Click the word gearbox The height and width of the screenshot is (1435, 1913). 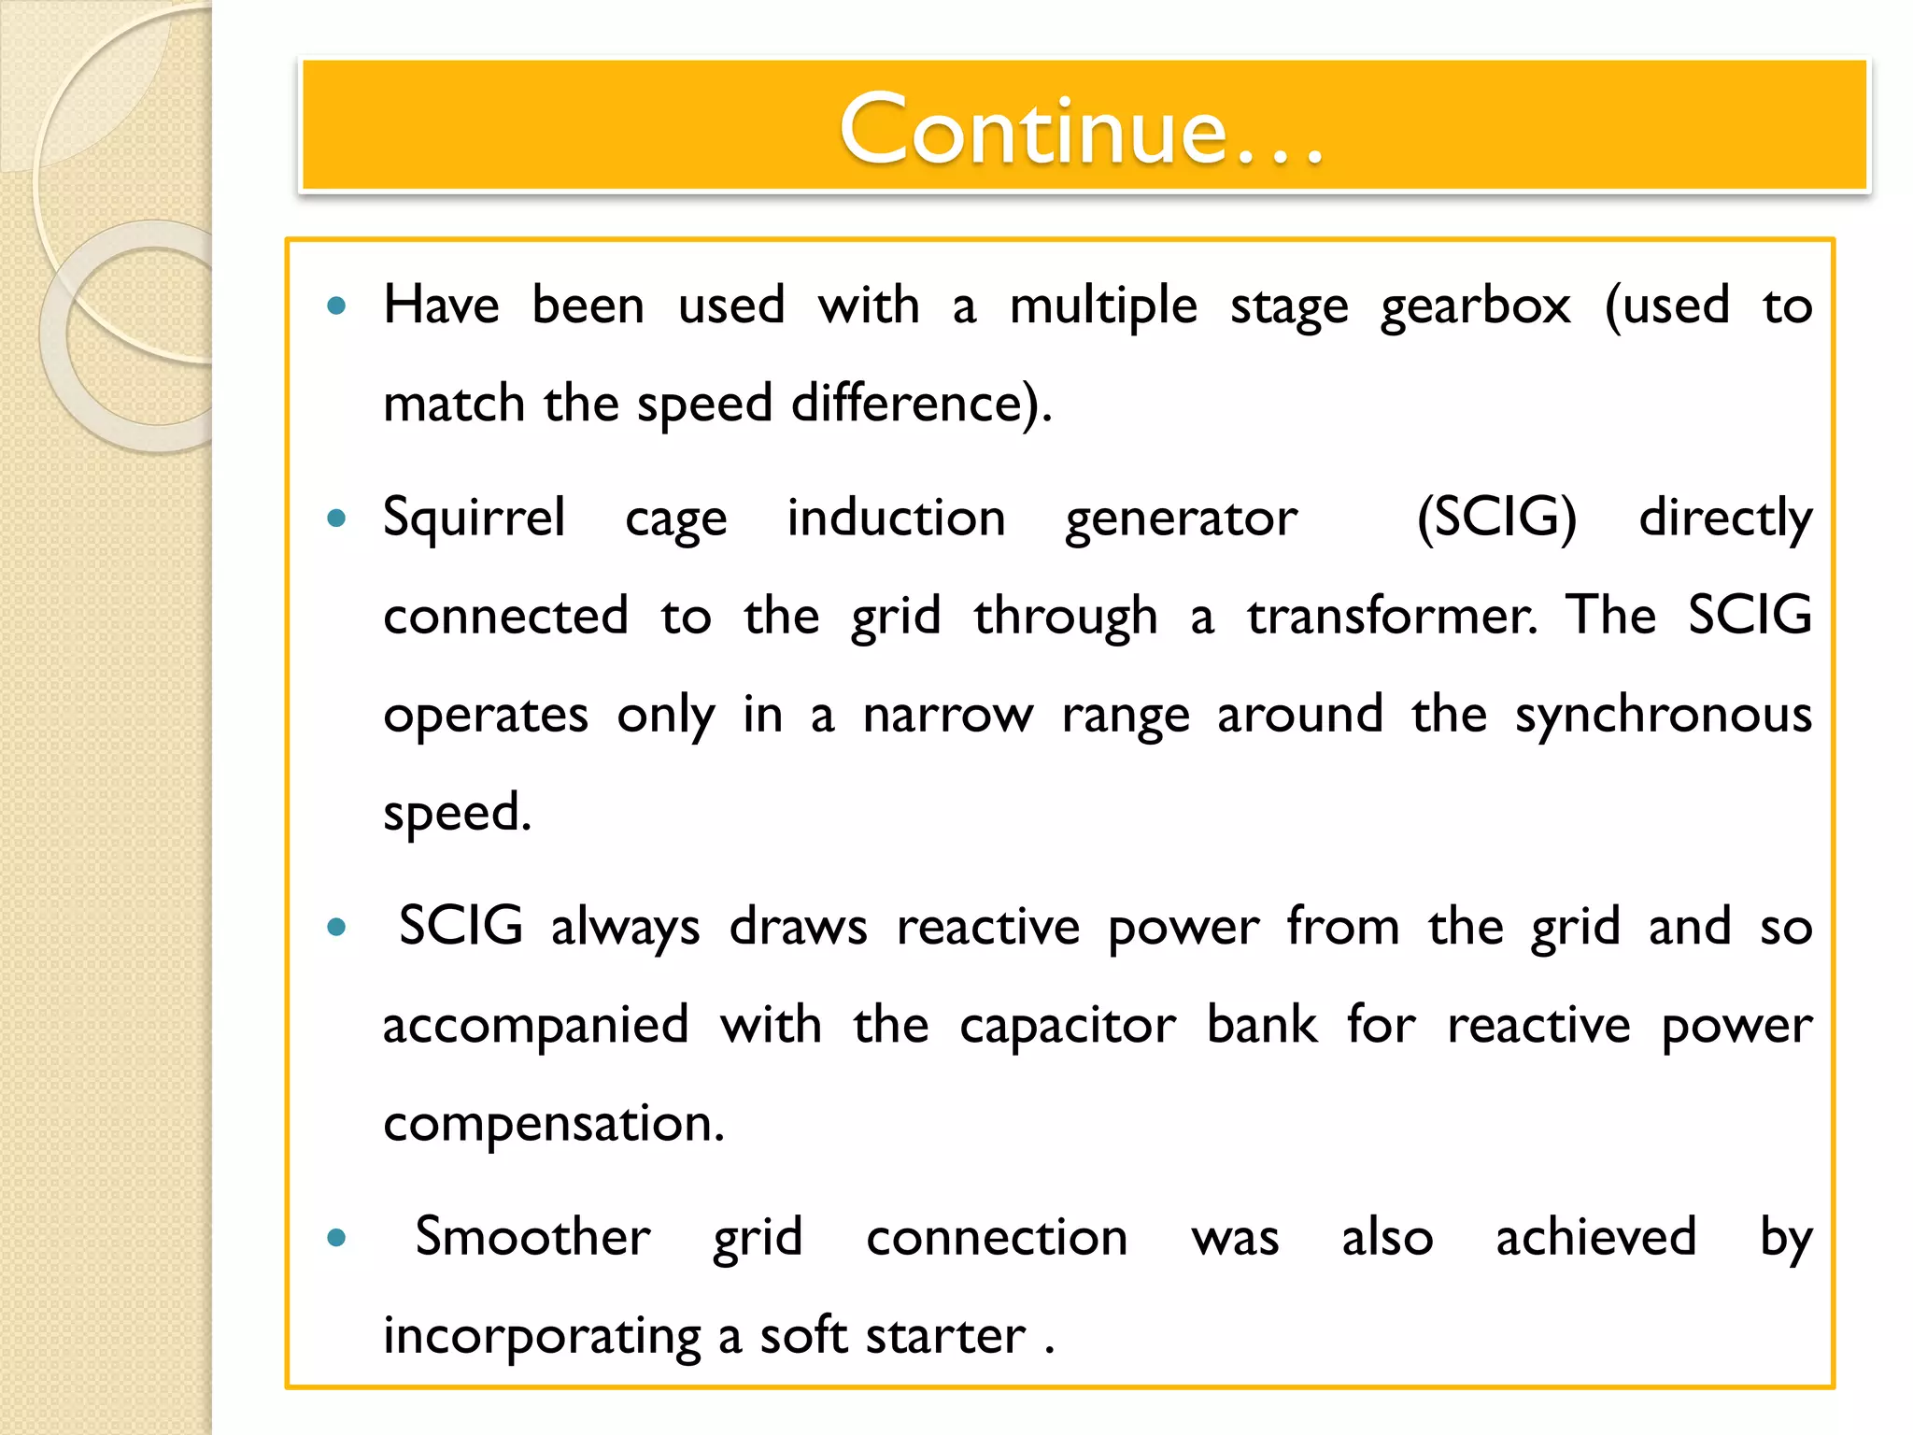pos(1476,306)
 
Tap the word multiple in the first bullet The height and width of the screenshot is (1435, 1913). pos(1103,306)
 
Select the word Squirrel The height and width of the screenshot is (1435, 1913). pos(475,519)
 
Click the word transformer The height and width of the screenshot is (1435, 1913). pos(1392,617)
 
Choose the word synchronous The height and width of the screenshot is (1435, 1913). pos(1663,717)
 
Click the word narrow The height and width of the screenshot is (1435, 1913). pos(948,717)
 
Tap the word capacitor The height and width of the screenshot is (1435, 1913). pos(1068,1026)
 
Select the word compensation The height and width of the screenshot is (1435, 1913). pos(553,1125)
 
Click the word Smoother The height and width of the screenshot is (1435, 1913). pos(532,1238)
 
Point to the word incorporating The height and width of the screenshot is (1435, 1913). pos(542,1337)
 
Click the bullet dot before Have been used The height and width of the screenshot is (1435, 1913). pos(337,305)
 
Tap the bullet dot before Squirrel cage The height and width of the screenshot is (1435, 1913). pos(337,519)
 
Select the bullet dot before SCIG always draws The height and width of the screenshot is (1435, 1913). pos(337,928)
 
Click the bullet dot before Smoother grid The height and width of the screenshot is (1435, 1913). pos(337,1239)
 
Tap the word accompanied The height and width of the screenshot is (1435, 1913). pos(536,1026)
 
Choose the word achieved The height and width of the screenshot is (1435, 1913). pos(1596,1238)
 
